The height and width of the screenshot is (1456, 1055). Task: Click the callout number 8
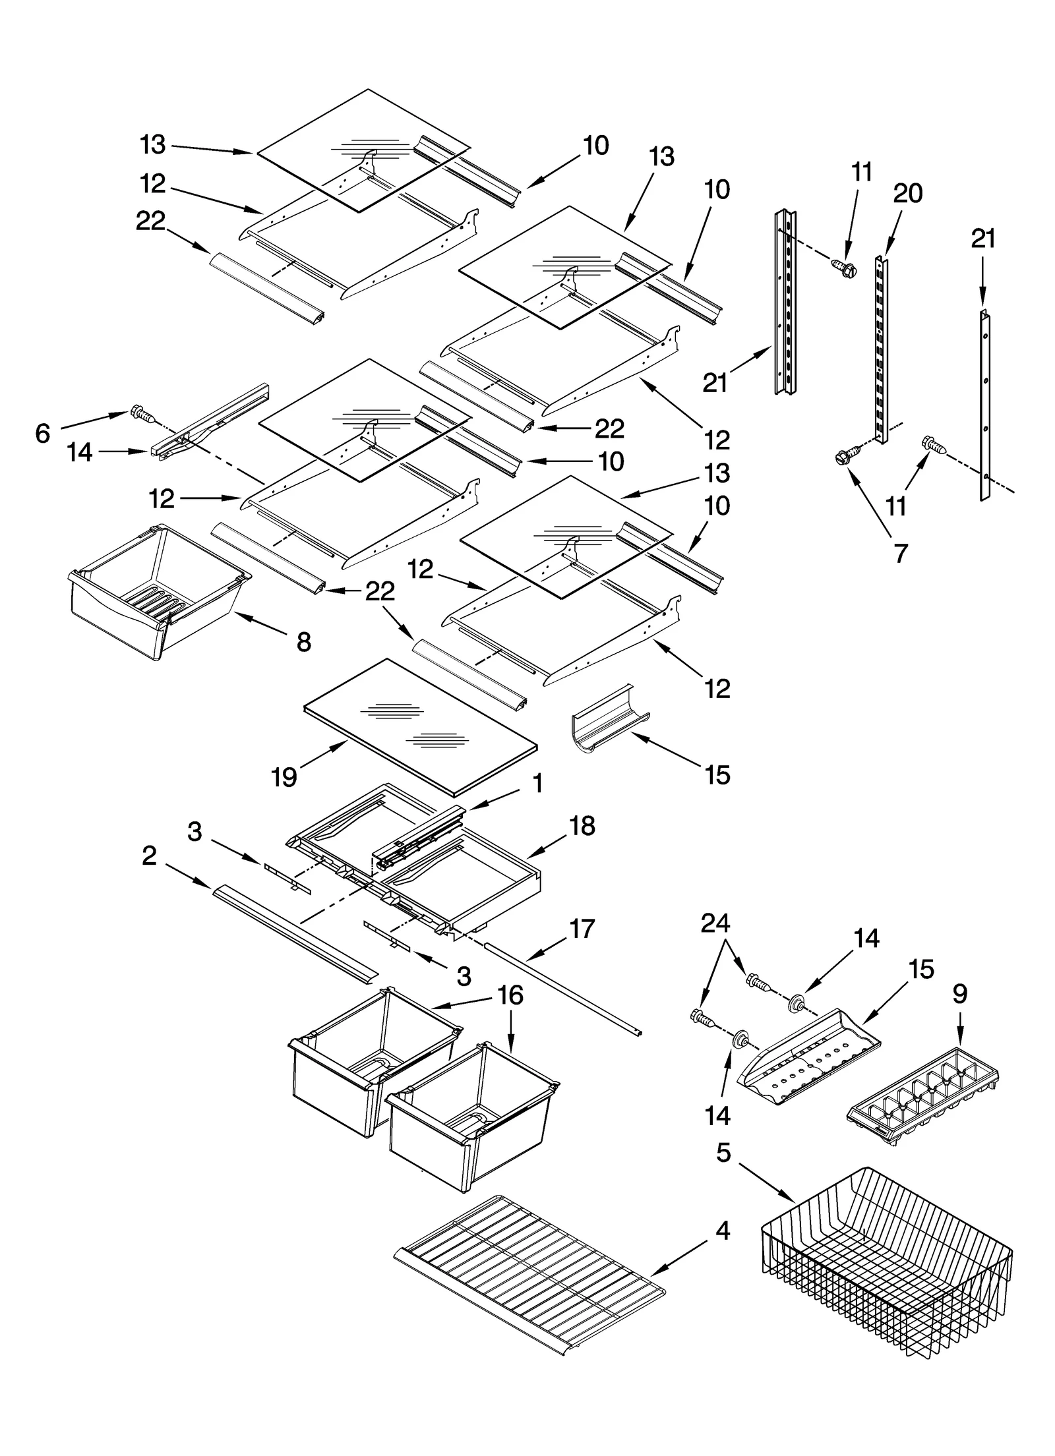tap(303, 641)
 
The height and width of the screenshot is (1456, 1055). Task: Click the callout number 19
tap(284, 778)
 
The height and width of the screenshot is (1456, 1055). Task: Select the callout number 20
tap(907, 193)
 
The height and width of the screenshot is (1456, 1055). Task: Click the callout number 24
tap(716, 924)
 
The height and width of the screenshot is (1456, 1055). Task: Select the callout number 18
tap(582, 825)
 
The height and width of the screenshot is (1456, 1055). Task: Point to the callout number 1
tap(537, 784)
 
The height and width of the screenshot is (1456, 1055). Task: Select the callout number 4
tap(723, 1230)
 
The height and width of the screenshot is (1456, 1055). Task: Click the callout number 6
tap(43, 433)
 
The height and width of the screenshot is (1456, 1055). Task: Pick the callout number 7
tap(901, 552)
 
